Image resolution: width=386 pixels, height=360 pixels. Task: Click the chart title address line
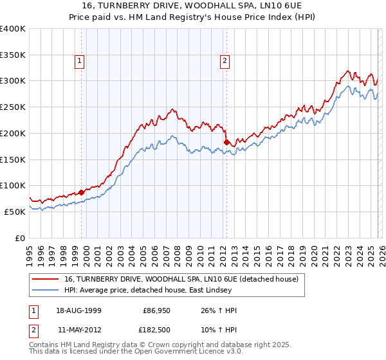point(192,6)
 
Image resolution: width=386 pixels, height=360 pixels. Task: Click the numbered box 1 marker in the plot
point(80,62)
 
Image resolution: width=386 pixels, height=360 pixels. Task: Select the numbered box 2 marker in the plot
point(225,62)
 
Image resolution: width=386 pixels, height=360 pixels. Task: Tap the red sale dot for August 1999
point(82,192)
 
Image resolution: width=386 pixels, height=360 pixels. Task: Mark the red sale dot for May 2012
point(226,142)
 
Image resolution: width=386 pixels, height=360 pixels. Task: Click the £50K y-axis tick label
point(15,212)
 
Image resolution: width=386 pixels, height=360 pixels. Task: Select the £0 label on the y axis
point(20,238)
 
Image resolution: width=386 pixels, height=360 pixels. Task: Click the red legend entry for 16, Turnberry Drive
point(181,280)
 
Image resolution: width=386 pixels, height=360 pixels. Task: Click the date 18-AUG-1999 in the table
point(78,310)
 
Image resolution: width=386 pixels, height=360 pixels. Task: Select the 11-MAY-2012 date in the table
point(78,331)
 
